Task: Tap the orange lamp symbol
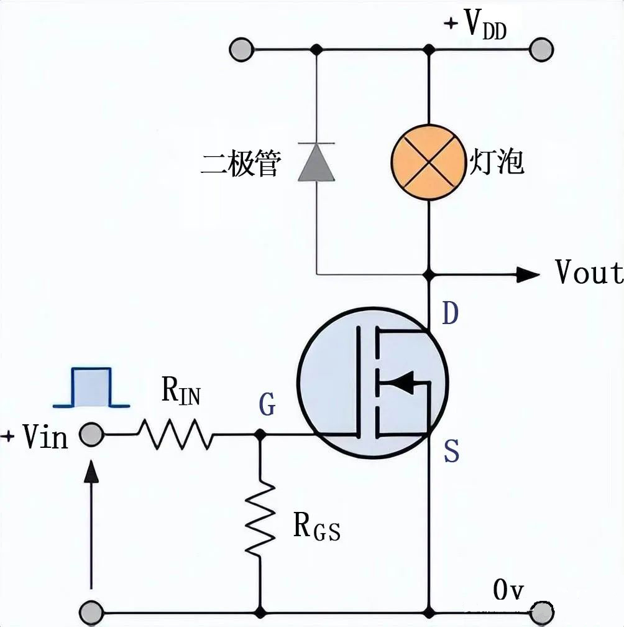(x=428, y=162)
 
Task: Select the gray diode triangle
(x=316, y=162)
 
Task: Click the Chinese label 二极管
(x=241, y=164)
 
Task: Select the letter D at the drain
(x=450, y=315)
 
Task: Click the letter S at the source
(x=452, y=452)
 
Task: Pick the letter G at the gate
(x=267, y=406)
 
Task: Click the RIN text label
(x=181, y=391)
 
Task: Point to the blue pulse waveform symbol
(x=91, y=388)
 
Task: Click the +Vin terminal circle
(x=92, y=435)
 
